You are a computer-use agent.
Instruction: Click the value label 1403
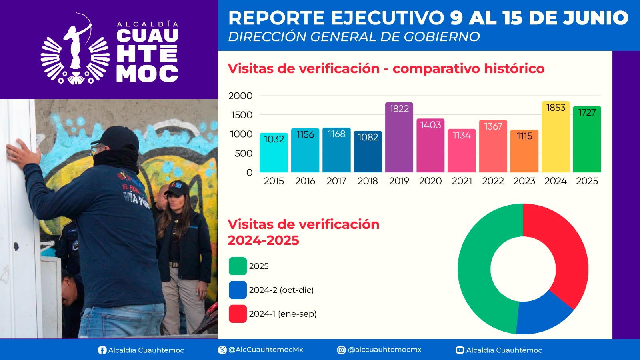[430, 125]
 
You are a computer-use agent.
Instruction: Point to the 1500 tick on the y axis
[242, 115]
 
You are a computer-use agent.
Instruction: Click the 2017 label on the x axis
[336, 181]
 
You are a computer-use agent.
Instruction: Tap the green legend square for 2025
[238, 266]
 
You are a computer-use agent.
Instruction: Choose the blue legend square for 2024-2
[238, 290]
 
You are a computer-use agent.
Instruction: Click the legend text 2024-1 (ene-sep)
[282, 314]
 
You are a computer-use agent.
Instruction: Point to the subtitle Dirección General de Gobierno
[354, 37]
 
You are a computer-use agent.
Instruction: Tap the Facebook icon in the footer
[102, 350]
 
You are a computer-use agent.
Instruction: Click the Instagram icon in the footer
[341, 350]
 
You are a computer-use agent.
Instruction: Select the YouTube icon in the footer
[460, 350]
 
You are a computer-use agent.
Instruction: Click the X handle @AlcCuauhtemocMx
[266, 350]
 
